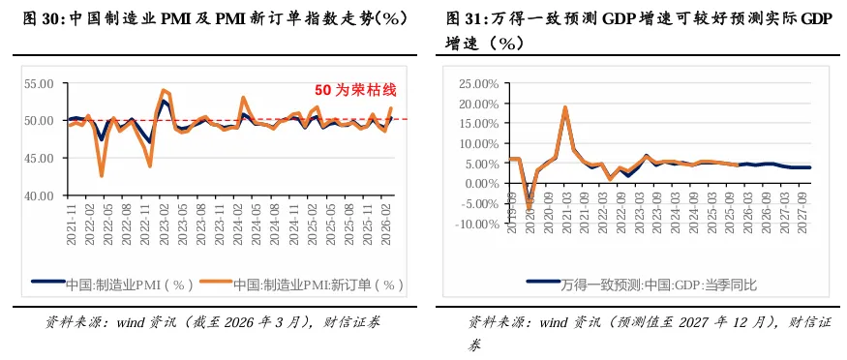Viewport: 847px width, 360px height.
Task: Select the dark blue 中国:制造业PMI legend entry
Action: point(128,285)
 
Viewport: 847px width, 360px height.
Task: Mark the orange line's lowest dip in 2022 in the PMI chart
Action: point(102,175)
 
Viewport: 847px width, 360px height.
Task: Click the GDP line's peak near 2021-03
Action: point(564,107)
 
